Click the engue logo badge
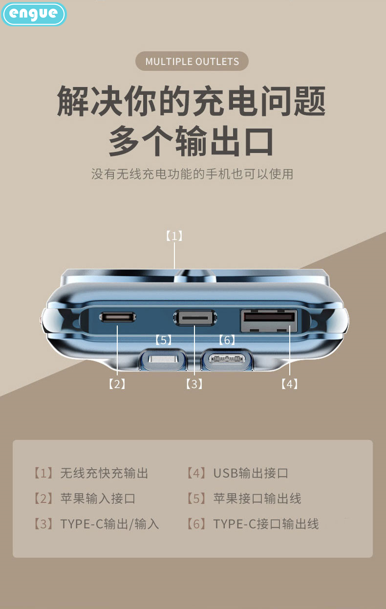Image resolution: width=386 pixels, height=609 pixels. pyautogui.click(x=34, y=14)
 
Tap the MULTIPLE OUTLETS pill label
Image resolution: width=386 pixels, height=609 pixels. pyautogui.click(x=192, y=61)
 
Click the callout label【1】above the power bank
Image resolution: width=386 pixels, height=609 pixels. pyautogui.click(x=174, y=236)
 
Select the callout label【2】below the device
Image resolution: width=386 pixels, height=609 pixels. pyautogui.click(x=117, y=384)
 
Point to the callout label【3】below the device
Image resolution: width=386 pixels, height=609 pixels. pyautogui.click(x=194, y=384)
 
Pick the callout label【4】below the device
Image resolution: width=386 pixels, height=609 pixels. pyautogui.click(x=289, y=384)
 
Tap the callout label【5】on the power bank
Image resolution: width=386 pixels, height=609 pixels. pyautogui.click(x=163, y=340)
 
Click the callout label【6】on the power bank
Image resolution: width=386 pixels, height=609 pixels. pyautogui.click(x=227, y=340)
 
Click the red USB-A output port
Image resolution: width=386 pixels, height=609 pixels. pyautogui.click(x=269, y=320)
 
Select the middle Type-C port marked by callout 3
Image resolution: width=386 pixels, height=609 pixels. pyautogui.click(x=195, y=317)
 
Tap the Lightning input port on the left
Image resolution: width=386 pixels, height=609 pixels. pyautogui.click(x=117, y=317)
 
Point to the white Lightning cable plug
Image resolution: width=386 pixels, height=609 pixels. pyautogui.click(x=164, y=359)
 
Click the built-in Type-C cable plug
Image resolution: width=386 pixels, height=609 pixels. pyautogui.click(x=226, y=359)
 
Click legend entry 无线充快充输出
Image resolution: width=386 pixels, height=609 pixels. pyautogui.click(x=91, y=473)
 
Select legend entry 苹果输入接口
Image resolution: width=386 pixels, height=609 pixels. pyautogui.click(x=85, y=499)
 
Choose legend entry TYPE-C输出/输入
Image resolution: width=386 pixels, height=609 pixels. pyautogui.click(x=96, y=524)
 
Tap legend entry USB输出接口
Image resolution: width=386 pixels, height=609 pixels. pyautogui.click(x=237, y=473)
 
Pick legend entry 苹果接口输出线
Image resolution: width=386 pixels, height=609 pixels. pyautogui.click(x=244, y=499)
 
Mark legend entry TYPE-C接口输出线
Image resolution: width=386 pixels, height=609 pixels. pyautogui.click(x=253, y=524)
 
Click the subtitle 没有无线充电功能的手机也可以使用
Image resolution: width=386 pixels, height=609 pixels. pyautogui.click(x=192, y=174)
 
